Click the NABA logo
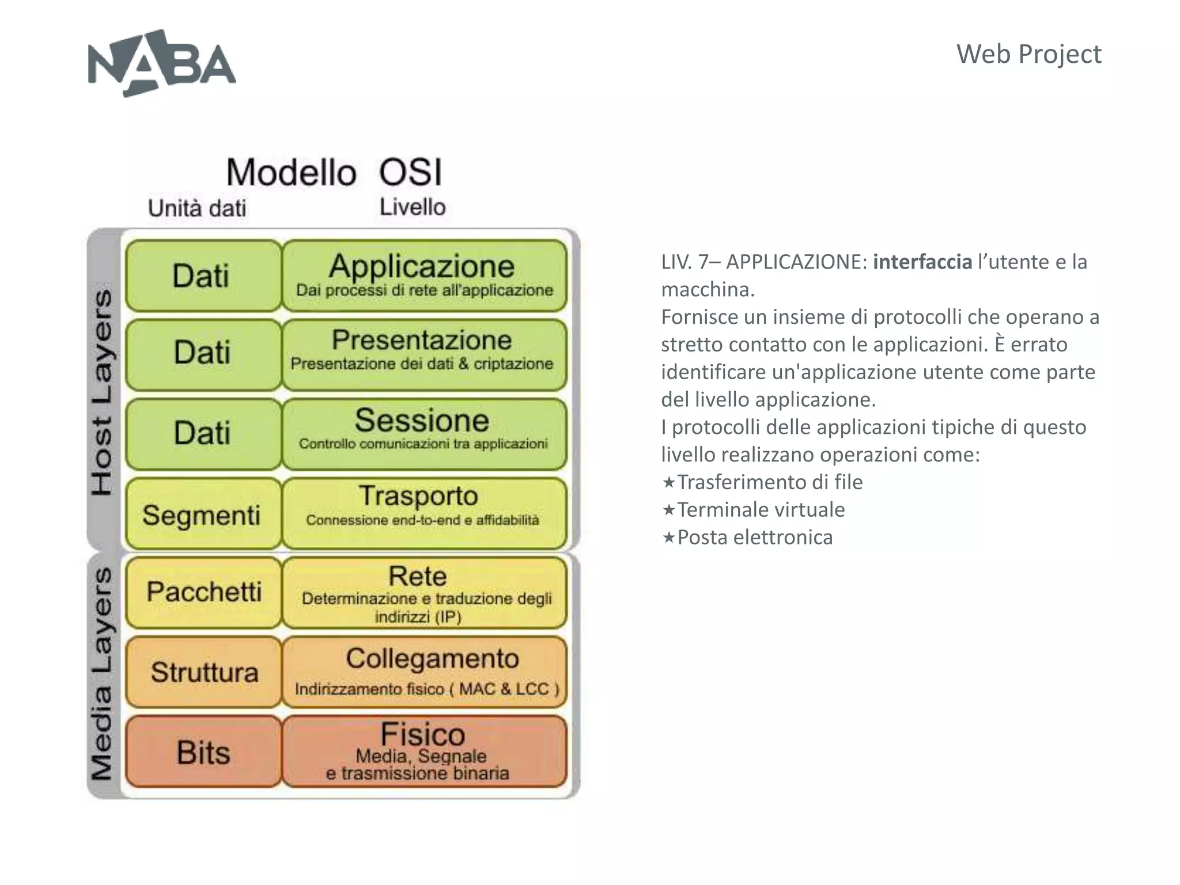161,63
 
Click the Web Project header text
1028,54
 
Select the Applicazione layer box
424,275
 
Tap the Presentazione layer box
424,354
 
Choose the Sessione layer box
424,433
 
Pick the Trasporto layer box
424,512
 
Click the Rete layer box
424,592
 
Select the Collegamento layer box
424,672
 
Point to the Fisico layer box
424,751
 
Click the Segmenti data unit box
203,514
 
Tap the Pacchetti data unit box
203,592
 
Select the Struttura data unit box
203,672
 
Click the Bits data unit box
203,751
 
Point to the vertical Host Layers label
103,392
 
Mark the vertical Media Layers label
103,674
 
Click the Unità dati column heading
197,208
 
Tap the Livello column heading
413,207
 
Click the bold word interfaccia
922,262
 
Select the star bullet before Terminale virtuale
668,510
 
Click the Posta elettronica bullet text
755,538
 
